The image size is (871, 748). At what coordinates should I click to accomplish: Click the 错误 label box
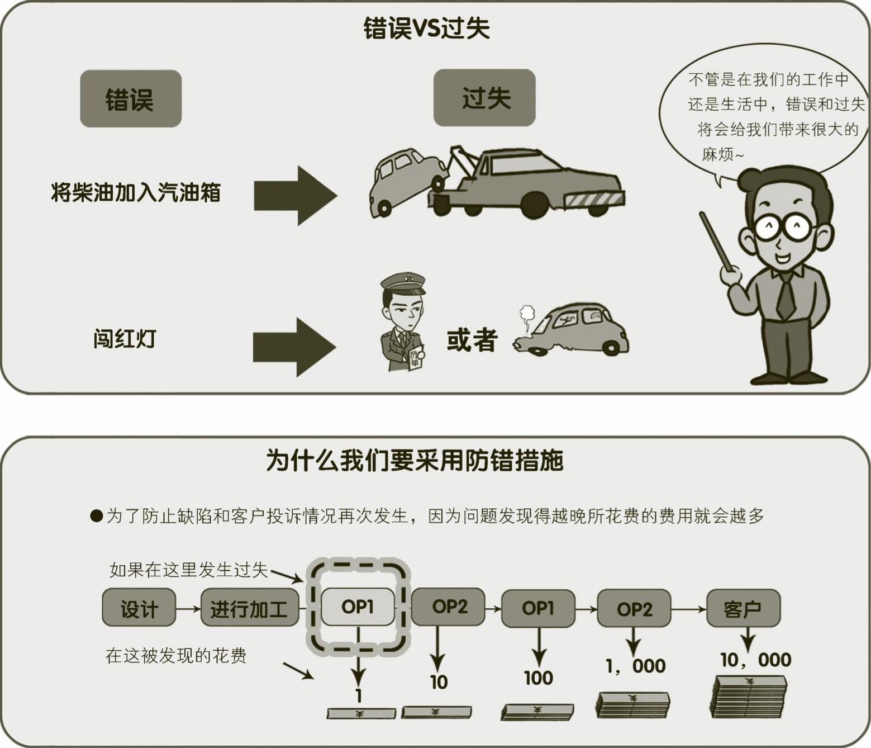pos(131,98)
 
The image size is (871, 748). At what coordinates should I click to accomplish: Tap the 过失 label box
pos(484,97)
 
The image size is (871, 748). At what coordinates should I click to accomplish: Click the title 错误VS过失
pos(426,28)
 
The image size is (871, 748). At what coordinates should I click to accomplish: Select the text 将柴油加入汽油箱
pos(136,192)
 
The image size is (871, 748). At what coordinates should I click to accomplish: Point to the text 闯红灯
pos(124,339)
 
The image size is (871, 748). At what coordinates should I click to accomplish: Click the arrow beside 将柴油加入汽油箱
pos(295,195)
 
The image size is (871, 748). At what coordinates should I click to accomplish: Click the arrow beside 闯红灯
pos(294,347)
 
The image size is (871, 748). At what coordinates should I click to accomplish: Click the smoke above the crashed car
pos(527,316)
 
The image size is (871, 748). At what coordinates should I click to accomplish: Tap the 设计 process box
pos(139,608)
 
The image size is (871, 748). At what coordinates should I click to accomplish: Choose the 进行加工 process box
pos(249,608)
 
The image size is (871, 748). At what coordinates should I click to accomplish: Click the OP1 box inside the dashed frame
pos(357,607)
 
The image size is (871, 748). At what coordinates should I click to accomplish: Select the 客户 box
pos(743,608)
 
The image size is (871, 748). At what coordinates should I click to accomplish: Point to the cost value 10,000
pos(755,660)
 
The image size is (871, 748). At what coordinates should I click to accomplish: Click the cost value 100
pos(538,678)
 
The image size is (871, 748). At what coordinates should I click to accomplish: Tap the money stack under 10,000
pos(749,697)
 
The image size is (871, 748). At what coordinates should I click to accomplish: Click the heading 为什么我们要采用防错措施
pos(415,461)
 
